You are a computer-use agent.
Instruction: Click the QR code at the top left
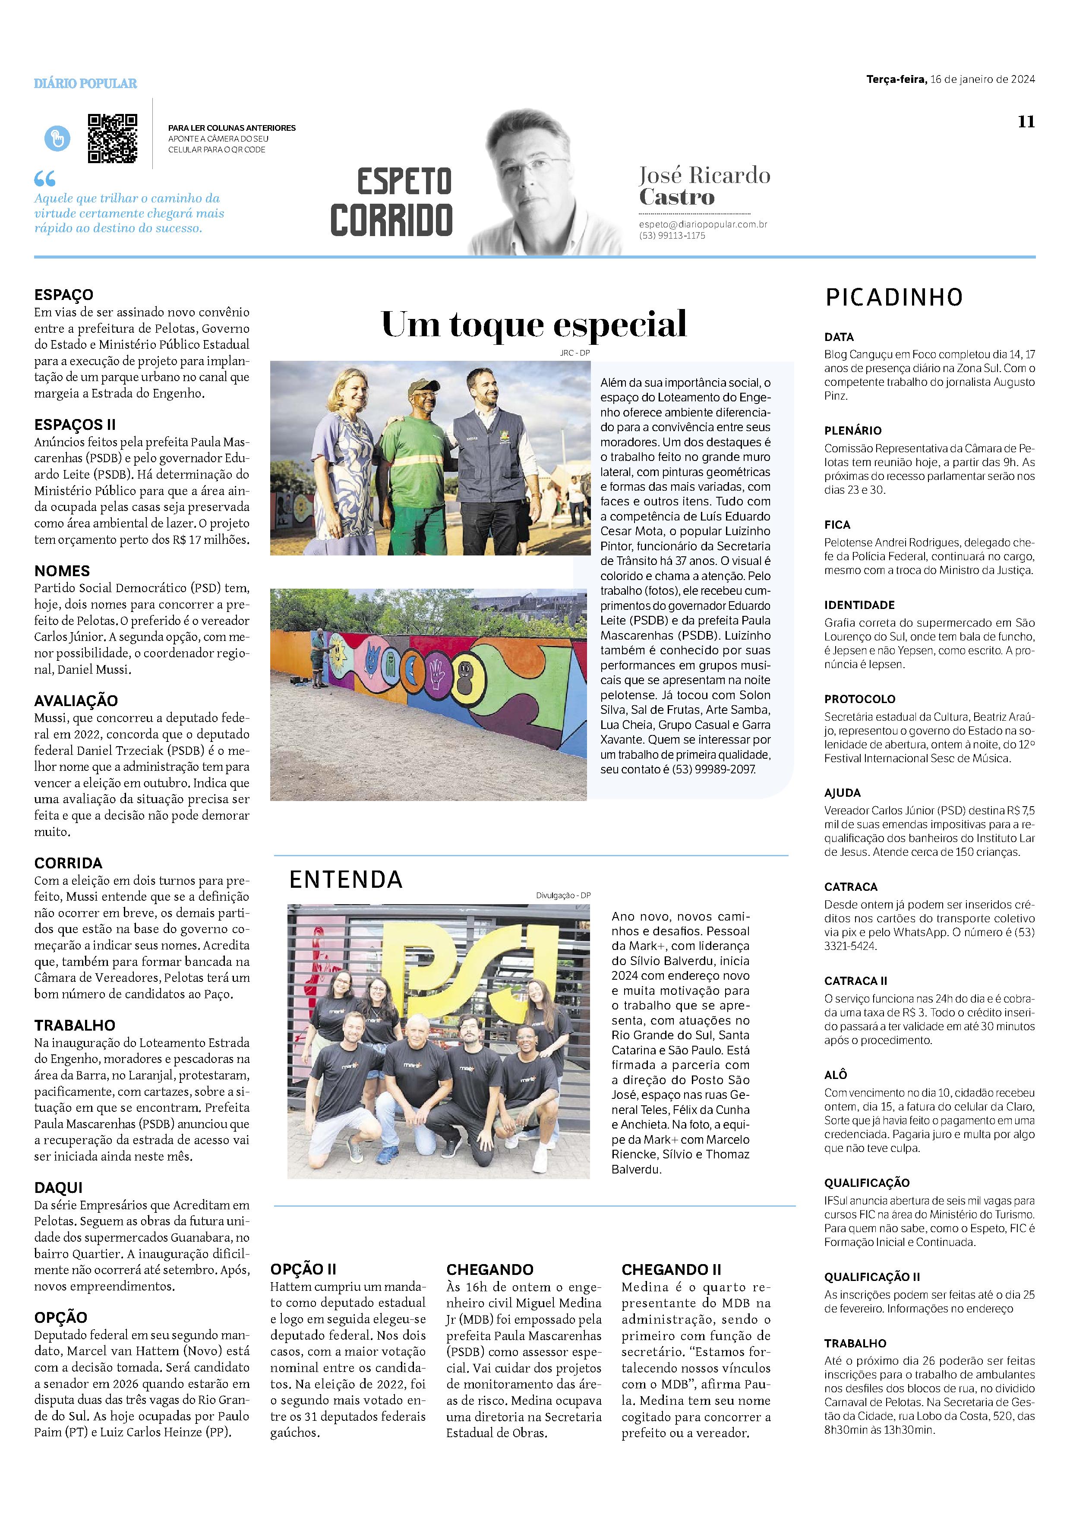[x=113, y=139]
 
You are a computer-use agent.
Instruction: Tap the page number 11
[x=1026, y=121]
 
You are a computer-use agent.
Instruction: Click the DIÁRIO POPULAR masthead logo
[x=86, y=84]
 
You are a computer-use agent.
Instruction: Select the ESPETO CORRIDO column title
[x=391, y=201]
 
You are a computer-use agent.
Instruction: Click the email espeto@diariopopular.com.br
[x=703, y=224]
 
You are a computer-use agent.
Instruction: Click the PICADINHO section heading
[x=894, y=297]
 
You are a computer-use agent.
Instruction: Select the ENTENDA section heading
[x=345, y=880]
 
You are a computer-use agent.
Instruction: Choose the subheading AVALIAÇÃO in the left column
[x=76, y=701]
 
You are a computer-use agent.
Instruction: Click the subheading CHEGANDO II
[x=671, y=1269]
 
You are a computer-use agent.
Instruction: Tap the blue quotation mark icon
[x=45, y=179]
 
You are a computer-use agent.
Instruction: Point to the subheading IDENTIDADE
[x=859, y=605]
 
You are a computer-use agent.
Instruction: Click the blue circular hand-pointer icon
[x=57, y=139]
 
